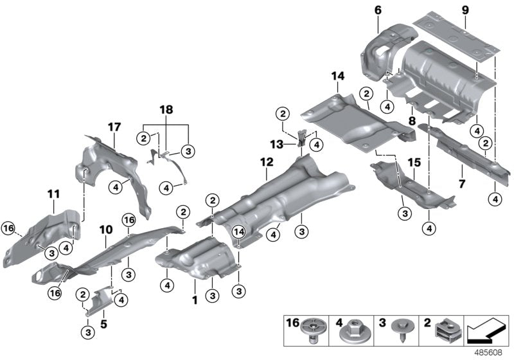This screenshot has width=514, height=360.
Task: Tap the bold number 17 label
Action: tap(114, 127)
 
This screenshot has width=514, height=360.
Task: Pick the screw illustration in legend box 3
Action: tap(403, 331)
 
